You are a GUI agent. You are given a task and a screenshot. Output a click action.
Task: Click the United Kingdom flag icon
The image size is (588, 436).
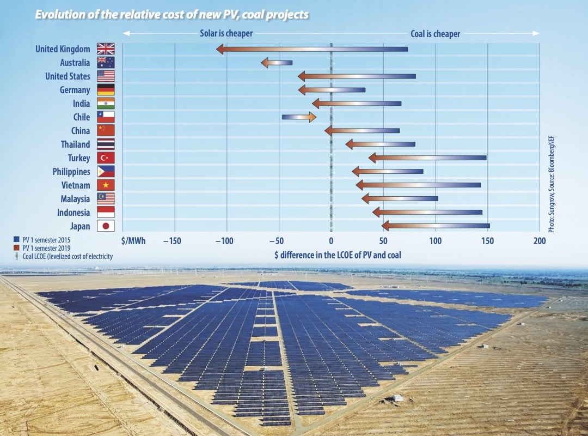pyautogui.click(x=106, y=49)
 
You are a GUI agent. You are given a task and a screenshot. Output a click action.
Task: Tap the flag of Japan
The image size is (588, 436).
pyautogui.click(x=106, y=226)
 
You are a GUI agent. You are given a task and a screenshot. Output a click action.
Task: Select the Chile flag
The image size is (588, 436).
pyautogui.click(x=106, y=117)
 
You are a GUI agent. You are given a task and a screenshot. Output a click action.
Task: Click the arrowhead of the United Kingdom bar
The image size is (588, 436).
pyautogui.click(x=220, y=49)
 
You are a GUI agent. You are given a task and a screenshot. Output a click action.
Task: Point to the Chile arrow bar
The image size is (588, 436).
pyautogui.click(x=298, y=117)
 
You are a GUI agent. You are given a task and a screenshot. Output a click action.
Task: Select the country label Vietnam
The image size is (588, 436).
pyautogui.click(x=76, y=185)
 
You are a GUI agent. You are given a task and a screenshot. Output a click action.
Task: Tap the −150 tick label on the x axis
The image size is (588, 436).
pyautogui.click(x=174, y=241)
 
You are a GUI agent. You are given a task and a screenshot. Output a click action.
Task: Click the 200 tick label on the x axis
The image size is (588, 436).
pyautogui.click(x=540, y=241)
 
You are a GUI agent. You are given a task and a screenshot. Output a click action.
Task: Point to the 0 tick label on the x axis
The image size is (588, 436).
pyautogui.click(x=330, y=241)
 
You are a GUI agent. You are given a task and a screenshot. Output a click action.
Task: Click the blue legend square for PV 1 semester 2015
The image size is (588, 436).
pyautogui.click(x=16, y=239)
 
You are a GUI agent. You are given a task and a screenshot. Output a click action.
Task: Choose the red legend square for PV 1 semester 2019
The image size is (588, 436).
pyautogui.click(x=16, y=247)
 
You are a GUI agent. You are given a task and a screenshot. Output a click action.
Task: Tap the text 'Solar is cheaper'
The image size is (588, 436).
pyautogui.click(x=226, y=34)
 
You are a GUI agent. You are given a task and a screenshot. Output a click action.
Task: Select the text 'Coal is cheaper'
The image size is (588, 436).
pyautogui.click(x=435, y=34)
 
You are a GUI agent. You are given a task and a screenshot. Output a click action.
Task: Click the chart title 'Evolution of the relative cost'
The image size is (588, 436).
pyautogui.click(x=171, y=15)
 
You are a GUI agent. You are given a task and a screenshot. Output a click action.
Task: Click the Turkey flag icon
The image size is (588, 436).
pyautogui.click(x=106, y=158)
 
